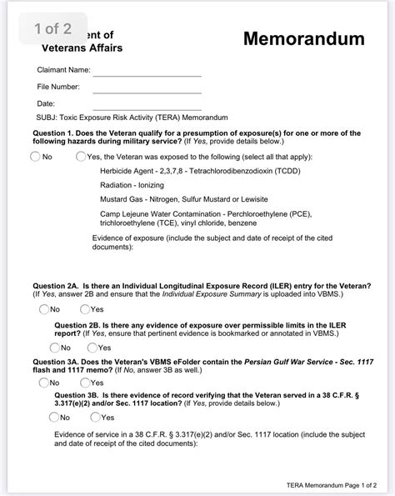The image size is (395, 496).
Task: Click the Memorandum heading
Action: click(x=304, y=39)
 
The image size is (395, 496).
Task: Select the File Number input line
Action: click(x=147, y=88)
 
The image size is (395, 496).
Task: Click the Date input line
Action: click(x=147, y=105)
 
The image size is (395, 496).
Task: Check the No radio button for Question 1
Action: click(x=35, y=156)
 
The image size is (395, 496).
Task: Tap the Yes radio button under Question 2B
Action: click(x=92, y=347)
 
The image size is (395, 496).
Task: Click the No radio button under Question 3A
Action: click(x=43, y=383)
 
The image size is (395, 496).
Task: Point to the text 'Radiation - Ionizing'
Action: click(x=132, y=186)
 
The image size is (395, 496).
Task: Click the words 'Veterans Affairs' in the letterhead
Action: click(x=82, y=48)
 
